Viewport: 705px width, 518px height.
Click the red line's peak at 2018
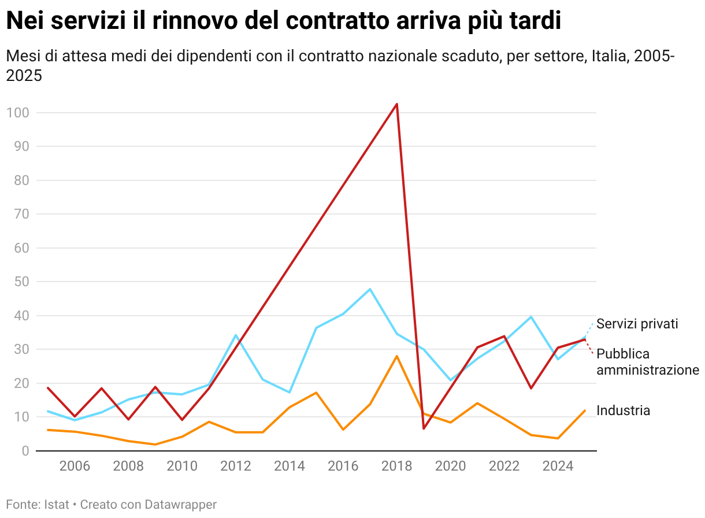point(397,104)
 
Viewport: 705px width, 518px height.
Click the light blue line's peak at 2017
point(370,289)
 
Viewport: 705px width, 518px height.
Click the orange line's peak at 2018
point(397,356)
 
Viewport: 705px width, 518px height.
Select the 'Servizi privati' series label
point(637,324)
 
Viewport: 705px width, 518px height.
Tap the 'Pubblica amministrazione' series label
point(648,362)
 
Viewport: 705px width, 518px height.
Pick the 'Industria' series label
point(623,410)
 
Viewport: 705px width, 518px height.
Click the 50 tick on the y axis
point(21,282)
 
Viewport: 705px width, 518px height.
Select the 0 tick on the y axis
point(25,451)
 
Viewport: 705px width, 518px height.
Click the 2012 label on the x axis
point(236,467)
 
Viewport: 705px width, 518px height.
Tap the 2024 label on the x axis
point(558,467)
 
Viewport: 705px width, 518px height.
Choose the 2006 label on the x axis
point(75,467)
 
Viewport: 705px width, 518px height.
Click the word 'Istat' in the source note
point(56,505)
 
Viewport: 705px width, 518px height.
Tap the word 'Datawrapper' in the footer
point(181,505)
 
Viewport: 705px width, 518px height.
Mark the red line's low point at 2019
point(424,428)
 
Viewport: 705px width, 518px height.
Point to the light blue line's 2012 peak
point(236,335)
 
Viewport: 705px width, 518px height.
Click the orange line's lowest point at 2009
point(155,445)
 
